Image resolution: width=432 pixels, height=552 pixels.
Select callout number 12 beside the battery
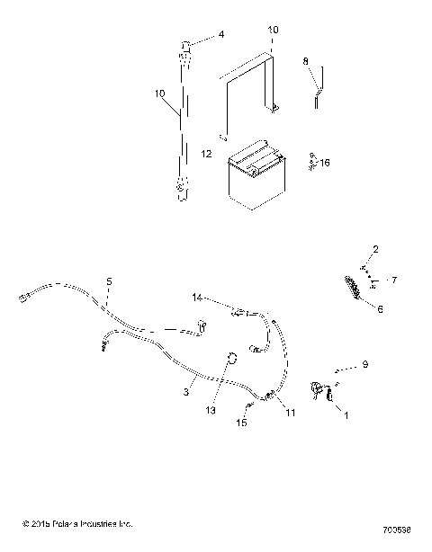click(x=207, y=154)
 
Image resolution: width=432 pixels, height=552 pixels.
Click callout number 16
click(x=325, y=163)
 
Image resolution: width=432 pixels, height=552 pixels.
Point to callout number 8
click(x=305, y=61)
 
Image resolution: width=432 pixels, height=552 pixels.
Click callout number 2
click(x=375, y=249)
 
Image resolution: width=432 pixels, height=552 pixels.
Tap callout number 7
click(x=392, y=280)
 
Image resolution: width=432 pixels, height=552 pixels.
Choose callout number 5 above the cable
click(x=109, y=281)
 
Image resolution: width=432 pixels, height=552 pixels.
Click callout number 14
click(x=197, y=296)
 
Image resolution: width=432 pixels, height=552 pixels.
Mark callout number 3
click(x=187, y=392)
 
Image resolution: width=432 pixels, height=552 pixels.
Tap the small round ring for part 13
click(x=232, y=359)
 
